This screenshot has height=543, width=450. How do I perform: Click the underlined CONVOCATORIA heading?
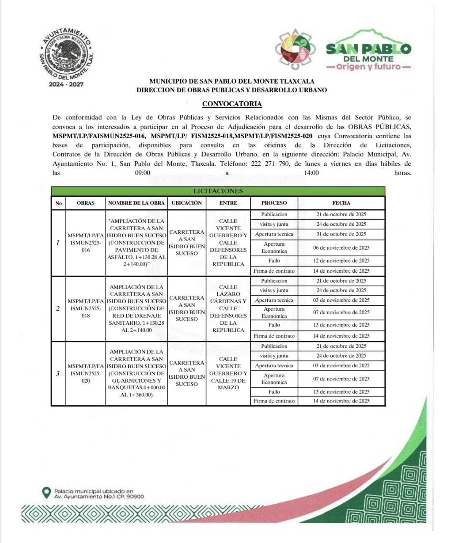(x=232, y=104)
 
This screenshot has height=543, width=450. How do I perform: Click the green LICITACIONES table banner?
(x=218, y=191)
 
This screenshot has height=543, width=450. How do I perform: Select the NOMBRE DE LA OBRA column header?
(x=136, y=203)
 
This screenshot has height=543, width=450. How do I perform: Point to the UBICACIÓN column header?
(x=187, y=203)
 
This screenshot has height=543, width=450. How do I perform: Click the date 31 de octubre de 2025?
(x=341, y=234)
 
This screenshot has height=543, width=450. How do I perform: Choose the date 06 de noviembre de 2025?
(x=341, y=248)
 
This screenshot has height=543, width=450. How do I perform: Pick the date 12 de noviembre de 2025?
(x=341, y=261)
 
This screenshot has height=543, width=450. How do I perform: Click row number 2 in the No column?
(x=58, y=309)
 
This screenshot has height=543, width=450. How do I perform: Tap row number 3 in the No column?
(x=58, y=373)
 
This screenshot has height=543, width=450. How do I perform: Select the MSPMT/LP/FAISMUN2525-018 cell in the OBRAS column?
(x=86, y=309)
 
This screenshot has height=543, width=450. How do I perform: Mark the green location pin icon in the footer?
(x=46, y=493)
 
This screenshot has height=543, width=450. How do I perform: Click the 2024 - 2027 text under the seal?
(x=66, y=84)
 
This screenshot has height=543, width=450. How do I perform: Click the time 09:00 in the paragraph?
(x=143, y=173)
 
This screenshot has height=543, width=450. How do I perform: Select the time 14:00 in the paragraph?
(x=312, y=173)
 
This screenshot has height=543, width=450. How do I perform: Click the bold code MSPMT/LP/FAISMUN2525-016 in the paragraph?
(x=99, y=136)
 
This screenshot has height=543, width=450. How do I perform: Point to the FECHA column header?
(x=341, y=203)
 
